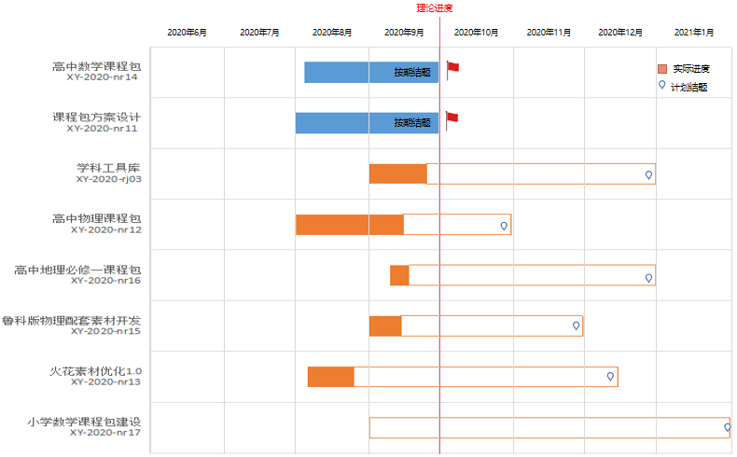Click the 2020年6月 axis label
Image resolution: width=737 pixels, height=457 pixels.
click(187, 33)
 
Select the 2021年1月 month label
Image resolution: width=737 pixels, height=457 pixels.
click(693, 33)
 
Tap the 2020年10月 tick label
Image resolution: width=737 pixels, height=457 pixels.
click(476, 33)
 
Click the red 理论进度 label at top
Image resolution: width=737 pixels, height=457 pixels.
click(435, 8)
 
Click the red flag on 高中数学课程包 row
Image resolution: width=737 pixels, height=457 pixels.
click(453, 67)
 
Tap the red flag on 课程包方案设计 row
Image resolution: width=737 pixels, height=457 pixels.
click(453, 118)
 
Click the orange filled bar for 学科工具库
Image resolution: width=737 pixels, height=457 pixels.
click(397, 173)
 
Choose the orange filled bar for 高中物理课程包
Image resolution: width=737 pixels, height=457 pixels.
click(349, 225)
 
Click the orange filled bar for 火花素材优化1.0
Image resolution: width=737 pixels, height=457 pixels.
click(330, 377)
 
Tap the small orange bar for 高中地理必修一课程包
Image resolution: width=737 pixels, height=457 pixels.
click(399, 275)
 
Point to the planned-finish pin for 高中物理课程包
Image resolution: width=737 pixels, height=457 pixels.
click(504, 225)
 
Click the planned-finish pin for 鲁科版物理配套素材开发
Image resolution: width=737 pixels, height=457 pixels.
click(576, 325)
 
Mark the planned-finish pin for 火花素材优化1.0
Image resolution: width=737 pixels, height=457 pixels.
click(610, 376)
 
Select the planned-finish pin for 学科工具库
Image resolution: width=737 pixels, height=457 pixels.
click(648, 173)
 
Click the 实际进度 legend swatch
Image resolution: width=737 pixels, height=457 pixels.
click(662, 69)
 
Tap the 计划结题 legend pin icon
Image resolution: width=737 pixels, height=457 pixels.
click(662, 85)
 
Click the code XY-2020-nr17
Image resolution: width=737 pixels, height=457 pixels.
click(105, 432)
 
